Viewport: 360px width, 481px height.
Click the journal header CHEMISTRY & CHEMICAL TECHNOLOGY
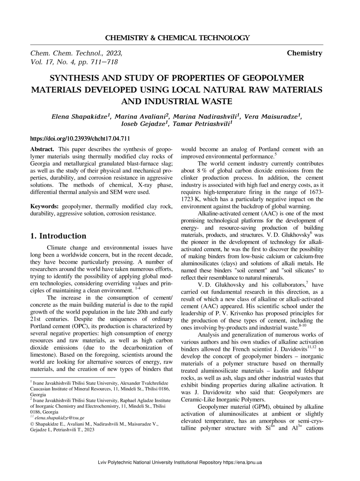point(177,38)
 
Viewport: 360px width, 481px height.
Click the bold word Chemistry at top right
point(305,53)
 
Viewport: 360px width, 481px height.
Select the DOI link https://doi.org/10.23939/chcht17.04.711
point(80,138)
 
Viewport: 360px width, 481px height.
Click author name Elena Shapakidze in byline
point(79,116)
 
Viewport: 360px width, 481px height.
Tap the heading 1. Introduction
point(58,236)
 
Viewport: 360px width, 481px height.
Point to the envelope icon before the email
point(32,417)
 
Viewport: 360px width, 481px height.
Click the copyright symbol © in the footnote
point(32,424)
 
